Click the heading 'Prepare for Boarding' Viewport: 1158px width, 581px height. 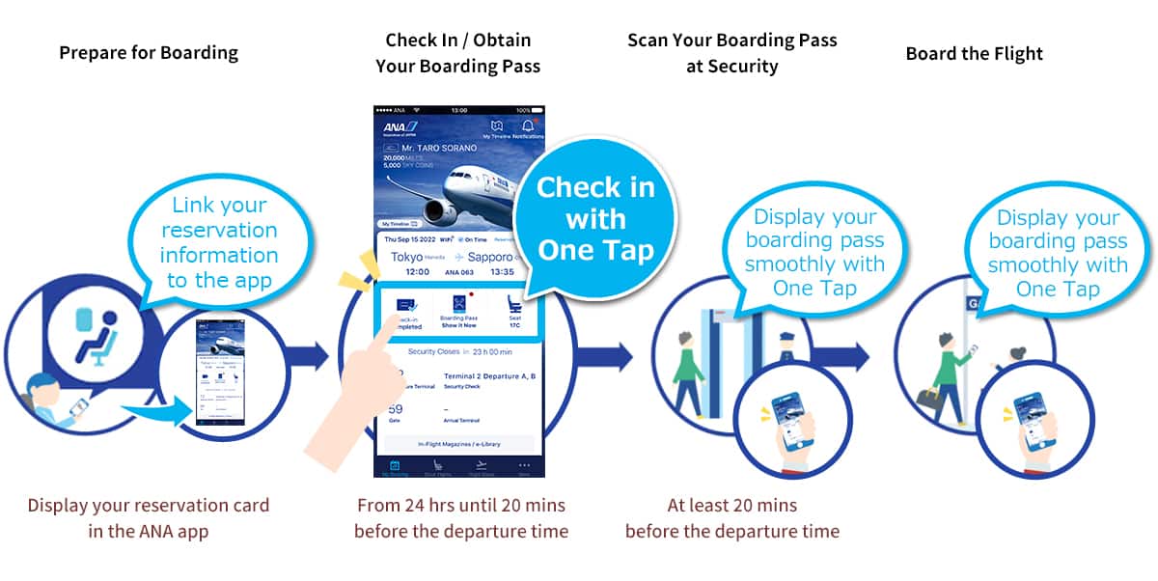point(149,53)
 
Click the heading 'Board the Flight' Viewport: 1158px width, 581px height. point(974,53)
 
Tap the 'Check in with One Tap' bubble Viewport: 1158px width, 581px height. point(594,218)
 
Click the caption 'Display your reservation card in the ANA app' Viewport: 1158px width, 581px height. point(149,517)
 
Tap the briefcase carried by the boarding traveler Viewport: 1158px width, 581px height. point(928,398)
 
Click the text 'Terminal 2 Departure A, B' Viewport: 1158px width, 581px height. point(488,375)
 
